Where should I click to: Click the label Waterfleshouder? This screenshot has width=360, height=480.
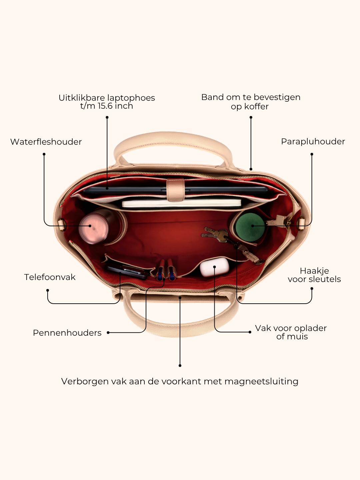(46, 142)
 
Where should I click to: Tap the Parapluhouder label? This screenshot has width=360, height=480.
(313, 142)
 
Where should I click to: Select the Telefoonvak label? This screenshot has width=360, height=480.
(50, 277)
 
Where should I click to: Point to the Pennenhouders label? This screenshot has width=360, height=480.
(67, 333)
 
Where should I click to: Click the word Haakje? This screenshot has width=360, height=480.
(314, 271)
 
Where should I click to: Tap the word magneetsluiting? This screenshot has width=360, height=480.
(261, 382)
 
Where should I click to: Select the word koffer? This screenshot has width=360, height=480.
(256, 106)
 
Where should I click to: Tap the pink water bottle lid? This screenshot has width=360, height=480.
(94, 228)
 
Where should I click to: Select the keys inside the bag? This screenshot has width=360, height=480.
(216, 235)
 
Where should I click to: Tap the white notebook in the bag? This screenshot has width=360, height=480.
(181, 203)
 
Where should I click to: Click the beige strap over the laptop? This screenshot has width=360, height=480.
(175, 190)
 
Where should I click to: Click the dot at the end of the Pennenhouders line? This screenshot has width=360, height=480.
(108, 333)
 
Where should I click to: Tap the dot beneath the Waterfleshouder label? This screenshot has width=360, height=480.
(44, 154)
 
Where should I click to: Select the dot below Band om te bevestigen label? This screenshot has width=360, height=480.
(251, 117)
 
